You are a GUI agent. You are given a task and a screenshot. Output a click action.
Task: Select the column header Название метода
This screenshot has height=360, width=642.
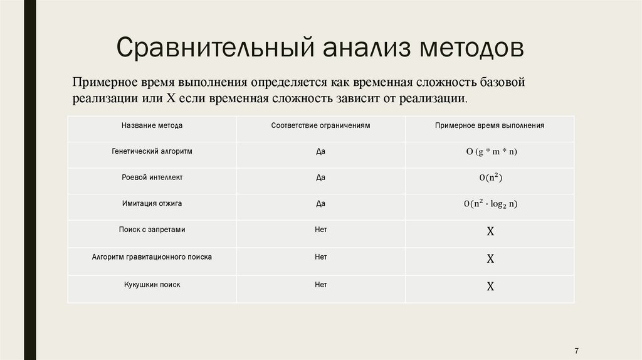pyautogui.click(x=152, y=125)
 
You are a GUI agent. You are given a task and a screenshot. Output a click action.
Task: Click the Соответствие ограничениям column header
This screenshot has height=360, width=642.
pyautogui.click(x=321, y=125)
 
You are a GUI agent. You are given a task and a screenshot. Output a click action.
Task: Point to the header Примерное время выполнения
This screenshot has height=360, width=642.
pyautogui.click(x=490, y=125)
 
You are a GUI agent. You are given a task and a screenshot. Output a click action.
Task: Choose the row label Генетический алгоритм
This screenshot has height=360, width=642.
pyautogui.click(x=152, y=152)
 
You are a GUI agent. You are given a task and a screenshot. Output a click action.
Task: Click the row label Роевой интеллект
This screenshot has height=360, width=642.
pyautogui.click(x=152, y=177)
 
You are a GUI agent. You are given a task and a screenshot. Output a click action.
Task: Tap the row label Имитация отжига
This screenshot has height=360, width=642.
pyautogui.click(x=152, y=204)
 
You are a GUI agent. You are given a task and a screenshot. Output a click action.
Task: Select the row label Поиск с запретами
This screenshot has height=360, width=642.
pyautogui.click(x=152, y=230)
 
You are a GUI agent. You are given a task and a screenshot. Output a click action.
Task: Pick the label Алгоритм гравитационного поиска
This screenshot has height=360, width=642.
pyautogui.click(x=152, y=257)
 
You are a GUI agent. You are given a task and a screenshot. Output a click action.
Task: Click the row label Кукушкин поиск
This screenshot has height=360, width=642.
pyautogui.click(x=152, y=284)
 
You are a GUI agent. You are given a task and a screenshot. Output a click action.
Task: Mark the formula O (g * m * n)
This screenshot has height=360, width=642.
pyautogui.click(x=490, y=152)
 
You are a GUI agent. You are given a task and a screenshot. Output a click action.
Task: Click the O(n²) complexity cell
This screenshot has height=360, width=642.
pyautogui.click(x=490, y=178)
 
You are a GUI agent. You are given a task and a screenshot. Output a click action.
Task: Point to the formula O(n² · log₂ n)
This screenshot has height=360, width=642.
pyautogui.click(x=490, y=204)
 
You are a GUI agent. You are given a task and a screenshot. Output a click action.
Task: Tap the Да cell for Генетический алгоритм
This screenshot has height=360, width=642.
pyautogui.click(x=321, y=152)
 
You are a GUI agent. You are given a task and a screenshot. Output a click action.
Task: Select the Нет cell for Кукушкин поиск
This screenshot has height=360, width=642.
pyautogui.click(x=321, y=284)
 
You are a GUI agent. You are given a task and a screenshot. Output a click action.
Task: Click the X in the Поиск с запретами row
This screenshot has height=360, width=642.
pyautogui.click(x=490, y=231)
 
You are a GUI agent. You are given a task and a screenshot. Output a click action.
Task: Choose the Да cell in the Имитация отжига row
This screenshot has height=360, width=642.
pyautogui.click(x=321, y=204)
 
